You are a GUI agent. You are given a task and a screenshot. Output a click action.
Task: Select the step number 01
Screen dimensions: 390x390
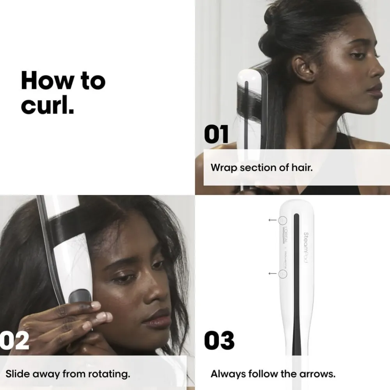point(216,135)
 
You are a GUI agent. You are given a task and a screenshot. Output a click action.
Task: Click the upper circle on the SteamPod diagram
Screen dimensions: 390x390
point(283,220)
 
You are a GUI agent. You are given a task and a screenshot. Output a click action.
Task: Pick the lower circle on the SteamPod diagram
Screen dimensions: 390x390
point(283,274)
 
